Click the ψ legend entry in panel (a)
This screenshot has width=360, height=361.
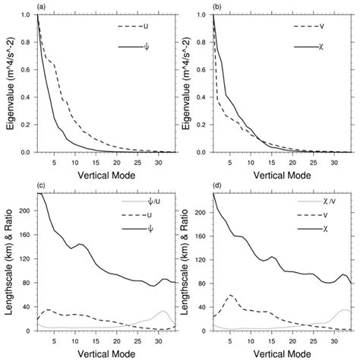coord(145,47)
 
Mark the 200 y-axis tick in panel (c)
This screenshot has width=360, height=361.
coord(26,212)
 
